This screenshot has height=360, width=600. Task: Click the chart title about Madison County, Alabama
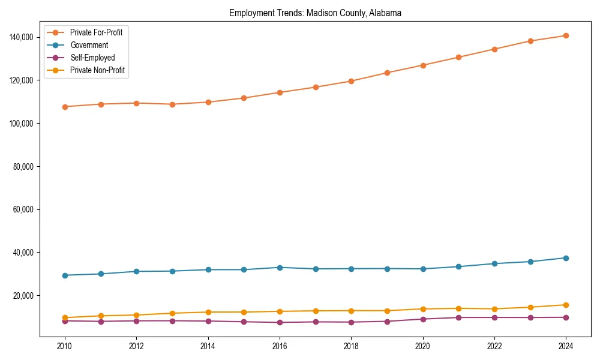(315, 13)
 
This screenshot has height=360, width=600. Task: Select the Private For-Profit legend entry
(96, 32)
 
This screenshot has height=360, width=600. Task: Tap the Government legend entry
(89, 45)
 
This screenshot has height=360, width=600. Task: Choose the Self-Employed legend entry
(92, 58)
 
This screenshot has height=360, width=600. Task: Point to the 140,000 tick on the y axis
(22, 37)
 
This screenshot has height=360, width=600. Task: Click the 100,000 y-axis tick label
(22, 124)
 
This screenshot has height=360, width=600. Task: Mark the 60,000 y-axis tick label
(24, 209)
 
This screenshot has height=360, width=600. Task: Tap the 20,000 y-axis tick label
(24, 296)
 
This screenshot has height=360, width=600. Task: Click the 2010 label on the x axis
(65, 346)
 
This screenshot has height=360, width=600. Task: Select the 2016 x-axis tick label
(280, 346)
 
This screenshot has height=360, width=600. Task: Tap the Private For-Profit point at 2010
(65, 107)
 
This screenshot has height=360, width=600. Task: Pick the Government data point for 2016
(280, 268)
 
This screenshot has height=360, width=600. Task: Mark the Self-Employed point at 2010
(65, 321)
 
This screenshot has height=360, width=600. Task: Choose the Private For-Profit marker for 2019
(387, 73)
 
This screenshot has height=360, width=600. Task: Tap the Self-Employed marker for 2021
(458, 317)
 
